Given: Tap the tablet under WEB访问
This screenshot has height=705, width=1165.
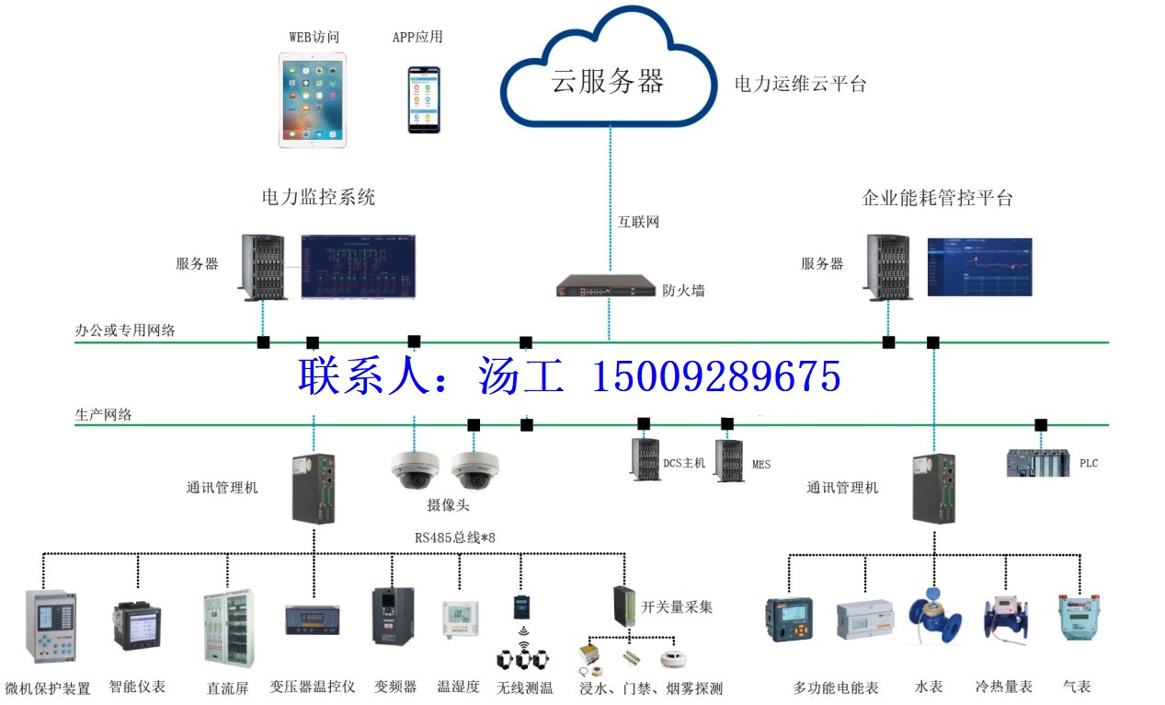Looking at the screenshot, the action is [x=313, y=100].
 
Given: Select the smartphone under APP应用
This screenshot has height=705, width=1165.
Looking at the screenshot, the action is [x=424, y=99].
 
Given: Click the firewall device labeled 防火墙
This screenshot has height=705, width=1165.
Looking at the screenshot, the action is [x=606, y=285].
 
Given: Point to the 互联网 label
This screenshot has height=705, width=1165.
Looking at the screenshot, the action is [x=639, y=222].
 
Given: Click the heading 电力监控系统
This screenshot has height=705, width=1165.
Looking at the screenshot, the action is [x=318, y=197].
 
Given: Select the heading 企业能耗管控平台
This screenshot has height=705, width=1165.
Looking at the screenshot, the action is [x=937, y=198].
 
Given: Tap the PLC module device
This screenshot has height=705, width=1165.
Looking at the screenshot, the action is [x=1038, y=462].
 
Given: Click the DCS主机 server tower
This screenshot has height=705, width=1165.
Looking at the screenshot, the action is [x=645, y=458].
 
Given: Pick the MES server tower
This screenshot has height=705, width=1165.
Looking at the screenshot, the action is [x=729, y=461].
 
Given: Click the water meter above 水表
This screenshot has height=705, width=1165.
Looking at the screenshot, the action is [x=934, y=616].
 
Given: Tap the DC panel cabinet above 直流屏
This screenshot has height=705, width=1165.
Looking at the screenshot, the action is [x=229, y=629].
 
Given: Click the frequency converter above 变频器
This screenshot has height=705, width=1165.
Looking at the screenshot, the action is [x=394, y=616].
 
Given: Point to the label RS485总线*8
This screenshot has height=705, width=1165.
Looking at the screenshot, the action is [x=454, y=537].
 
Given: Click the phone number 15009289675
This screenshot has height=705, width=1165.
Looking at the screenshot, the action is [x=716, y=376].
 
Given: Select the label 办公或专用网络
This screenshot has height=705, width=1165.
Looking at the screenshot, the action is [x=125, y=330].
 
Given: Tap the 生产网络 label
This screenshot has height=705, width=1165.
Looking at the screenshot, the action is [x=103, y=415].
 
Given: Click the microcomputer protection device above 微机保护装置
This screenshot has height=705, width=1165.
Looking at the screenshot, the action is [x=51, y=627].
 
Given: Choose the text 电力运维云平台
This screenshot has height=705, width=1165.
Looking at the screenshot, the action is [x=800, y=84].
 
